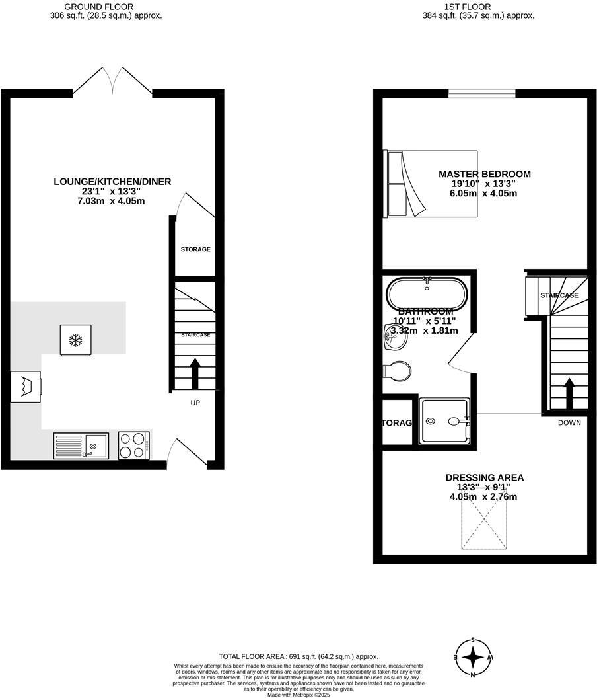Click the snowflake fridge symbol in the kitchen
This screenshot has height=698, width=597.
76,340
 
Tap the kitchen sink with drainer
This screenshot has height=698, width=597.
81,446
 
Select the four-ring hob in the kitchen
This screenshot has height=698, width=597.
133,446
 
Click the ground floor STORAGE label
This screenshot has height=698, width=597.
195,249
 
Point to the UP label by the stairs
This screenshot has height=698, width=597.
195,403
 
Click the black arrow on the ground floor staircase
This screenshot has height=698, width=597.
195,374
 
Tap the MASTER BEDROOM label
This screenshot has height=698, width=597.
485,174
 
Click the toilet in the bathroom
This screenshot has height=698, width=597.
397,370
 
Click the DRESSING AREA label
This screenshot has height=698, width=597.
485,477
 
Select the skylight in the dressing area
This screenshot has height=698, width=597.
485,523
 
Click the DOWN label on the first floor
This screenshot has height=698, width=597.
569,422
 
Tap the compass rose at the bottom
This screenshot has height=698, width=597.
474,657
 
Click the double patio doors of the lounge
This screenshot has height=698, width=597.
113,81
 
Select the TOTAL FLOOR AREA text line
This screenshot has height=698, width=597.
298,656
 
